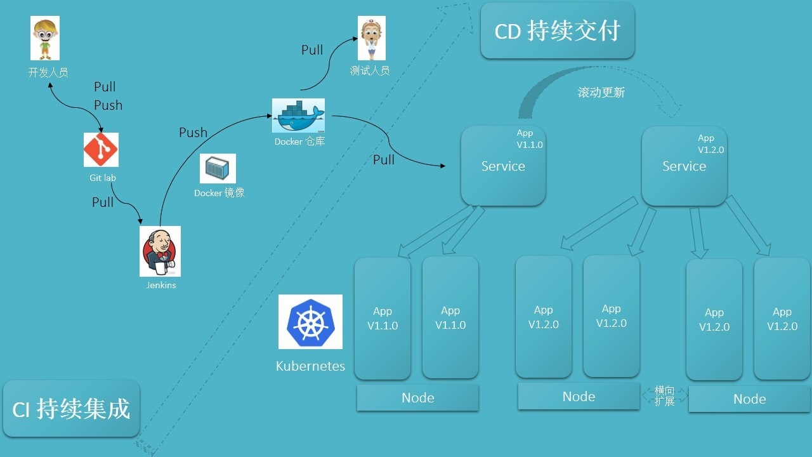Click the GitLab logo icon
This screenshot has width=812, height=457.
[101, 150]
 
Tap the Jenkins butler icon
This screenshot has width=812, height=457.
[160, 251]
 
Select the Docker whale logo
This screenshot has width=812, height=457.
[298, 115]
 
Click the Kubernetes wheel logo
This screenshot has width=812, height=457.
[310, 322]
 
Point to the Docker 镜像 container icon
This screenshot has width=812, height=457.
[218, 169]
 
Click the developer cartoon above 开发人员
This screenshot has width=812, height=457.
[45, 39]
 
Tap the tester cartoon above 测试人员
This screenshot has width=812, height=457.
[371, 39]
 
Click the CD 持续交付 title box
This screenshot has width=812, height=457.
[557, 31]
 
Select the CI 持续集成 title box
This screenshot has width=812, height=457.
[71, 409]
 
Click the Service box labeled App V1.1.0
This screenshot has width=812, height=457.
[503, 166]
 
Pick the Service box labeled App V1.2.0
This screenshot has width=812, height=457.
[684, 166]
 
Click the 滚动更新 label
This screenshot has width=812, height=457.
[601, 93]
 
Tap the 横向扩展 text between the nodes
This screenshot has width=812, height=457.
[664, 395]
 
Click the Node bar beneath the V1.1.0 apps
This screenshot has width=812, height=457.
[417, 398]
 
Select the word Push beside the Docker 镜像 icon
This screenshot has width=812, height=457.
[193, 133]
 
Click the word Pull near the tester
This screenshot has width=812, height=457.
[312, 50]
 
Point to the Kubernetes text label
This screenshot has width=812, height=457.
[310, 366]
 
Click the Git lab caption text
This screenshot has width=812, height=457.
[103, 178]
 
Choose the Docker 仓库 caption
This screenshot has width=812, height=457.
[299, 142]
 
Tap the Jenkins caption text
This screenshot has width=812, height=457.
[161, 285]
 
